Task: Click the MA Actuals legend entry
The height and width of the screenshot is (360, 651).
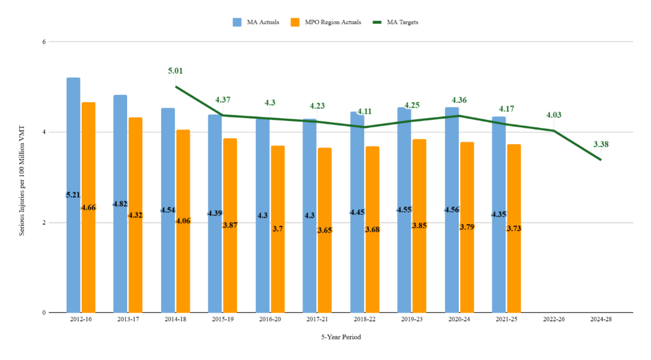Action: (x=256, y=22)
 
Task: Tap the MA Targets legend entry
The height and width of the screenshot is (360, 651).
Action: (x=395, y=22)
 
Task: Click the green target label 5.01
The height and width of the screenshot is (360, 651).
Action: (x=175, y=71)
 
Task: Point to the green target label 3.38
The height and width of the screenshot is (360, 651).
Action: (x=601, y=144)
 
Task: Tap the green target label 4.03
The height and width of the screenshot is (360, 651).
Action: (x=553, y=115)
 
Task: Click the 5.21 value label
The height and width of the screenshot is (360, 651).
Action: (x=73, y=195)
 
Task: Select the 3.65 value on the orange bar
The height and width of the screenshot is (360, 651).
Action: (x=325, y=230)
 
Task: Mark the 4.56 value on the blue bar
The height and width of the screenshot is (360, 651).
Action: (x=452, y=210)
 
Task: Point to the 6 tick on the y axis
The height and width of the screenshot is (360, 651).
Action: (x=43, y=42)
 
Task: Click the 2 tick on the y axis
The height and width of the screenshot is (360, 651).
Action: (x=43, y=222)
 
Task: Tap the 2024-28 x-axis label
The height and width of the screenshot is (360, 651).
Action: (x=601, y=320)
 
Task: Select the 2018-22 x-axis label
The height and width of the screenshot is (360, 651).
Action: (x=364, y=320)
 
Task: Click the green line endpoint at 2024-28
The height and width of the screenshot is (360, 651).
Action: (x=601, y=159)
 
